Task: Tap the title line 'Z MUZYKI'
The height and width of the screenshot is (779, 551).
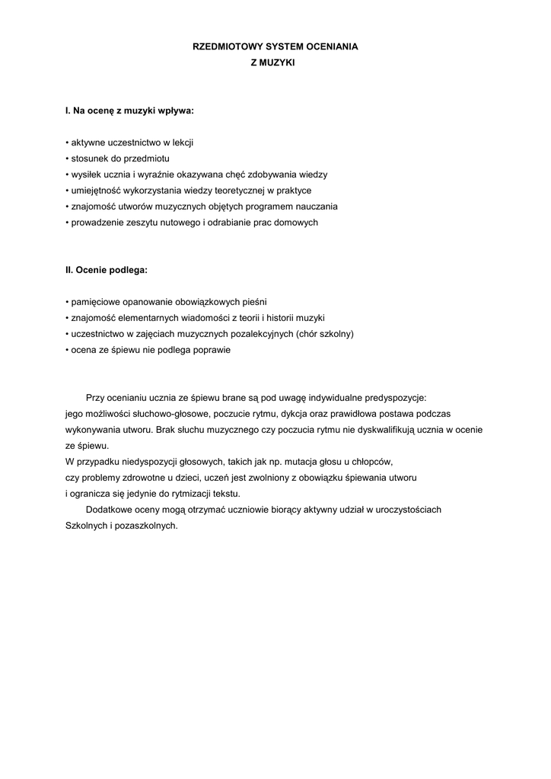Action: (272, 64)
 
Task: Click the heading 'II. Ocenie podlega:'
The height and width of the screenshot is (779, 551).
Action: (107, 270)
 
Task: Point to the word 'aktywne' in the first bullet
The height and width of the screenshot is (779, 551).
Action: (87, 143)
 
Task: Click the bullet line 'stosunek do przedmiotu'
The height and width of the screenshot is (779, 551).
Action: (117, 159)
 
